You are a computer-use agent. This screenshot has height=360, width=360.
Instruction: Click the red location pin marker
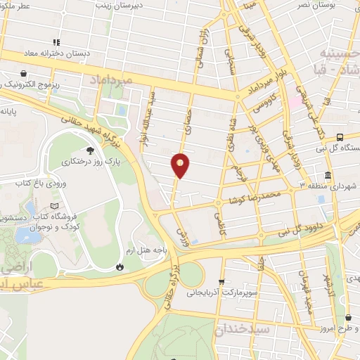(x=181, y=165)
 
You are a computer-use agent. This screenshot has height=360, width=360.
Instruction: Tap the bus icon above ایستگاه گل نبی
(x=340, y=137)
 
